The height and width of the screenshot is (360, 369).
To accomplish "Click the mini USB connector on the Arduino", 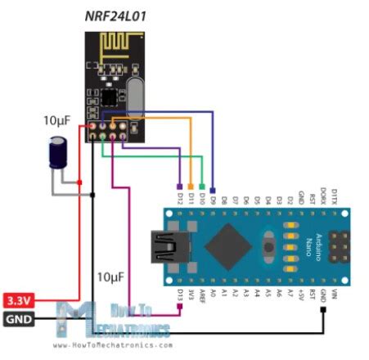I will [x=168, y=245].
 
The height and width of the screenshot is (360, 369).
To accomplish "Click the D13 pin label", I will [x=178, y=293].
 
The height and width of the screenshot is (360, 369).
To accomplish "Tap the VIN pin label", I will [x=335, y=292].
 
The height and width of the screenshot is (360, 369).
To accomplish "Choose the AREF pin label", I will [x=201, y=294].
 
